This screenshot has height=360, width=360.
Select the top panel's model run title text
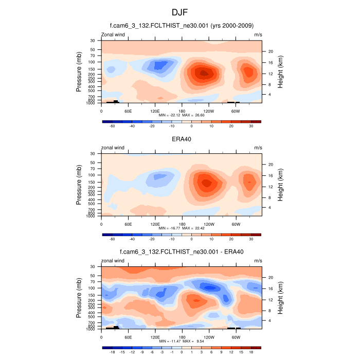pyautogui.click(x=182, y=26)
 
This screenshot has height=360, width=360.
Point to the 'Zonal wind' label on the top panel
pyautogui.click(x=113, y=34)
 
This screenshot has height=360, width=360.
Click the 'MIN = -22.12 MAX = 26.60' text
pyautogui.click(x=182, y=115)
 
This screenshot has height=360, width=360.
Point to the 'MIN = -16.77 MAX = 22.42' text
pyautogui.click(x=182, y=228)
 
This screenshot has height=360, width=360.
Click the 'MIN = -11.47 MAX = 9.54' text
pyautogui.click(x=182, y=341)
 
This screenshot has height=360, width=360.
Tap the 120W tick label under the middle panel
pyautogui.click(x=209, y=224)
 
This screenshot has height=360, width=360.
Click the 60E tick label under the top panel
pyautogui.click(x=128, y=111)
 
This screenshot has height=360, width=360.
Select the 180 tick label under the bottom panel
pyautogui.click(x=182, y=337)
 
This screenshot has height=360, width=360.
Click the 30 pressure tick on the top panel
pyautogui.click(x=93, y=40)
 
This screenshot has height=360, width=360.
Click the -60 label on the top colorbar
pyautogui.click(x=112, y=126)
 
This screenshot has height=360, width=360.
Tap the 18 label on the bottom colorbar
pyautogui.click(x=251, y=352)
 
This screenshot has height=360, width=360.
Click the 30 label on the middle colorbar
pyautogui.click(x=251, y=239)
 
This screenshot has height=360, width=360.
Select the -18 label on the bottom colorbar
pyautogui.click(x=112, y=352)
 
